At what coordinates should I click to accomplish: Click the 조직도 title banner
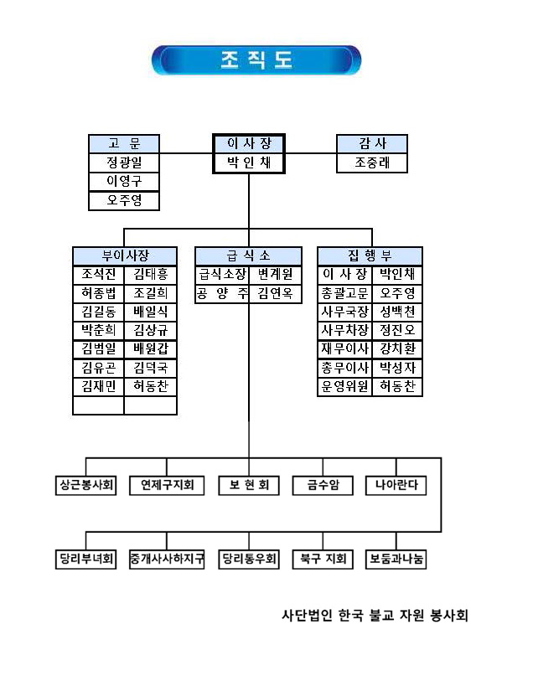click(256, 60)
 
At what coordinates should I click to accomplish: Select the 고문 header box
click(124, 144)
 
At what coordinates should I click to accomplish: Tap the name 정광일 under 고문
click(124, 163)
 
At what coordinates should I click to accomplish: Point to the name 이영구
click(124, 182)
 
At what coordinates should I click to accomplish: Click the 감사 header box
click(371, 144)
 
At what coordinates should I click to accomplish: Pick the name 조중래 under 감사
click(371, 163)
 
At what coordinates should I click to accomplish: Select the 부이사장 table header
click(125, 255)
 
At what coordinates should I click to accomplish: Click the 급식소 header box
click(248, 255)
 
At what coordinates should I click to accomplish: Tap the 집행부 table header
click(370, 255)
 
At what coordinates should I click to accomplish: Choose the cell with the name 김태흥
click(151, 274)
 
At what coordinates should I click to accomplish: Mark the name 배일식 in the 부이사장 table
click(151, 312)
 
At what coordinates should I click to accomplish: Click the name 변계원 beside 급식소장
click(275, 274)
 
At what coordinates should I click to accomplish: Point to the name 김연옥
click(275, 293)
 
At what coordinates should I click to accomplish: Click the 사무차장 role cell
click(344, 330)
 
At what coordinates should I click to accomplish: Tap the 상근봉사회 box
click(86, 485)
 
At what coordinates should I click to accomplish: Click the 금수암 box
click(323, 485)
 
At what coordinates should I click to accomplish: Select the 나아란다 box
click(396, 485)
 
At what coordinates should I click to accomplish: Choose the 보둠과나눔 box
click(396, 558)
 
